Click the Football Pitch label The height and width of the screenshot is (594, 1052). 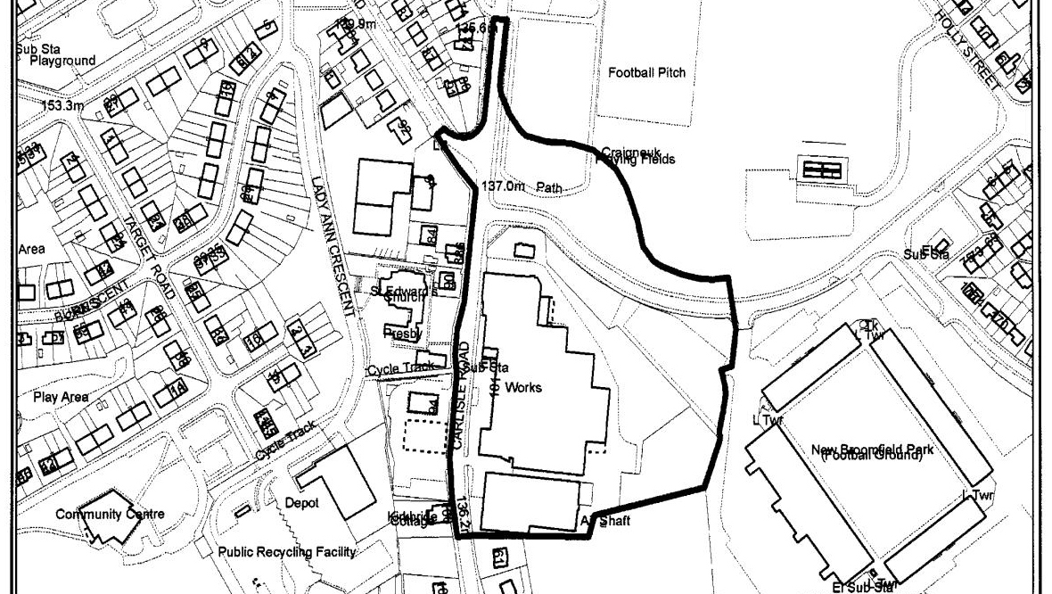point(646,72)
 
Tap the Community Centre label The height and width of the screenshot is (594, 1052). point(110,514)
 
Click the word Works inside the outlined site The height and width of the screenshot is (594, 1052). point(522,388)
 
